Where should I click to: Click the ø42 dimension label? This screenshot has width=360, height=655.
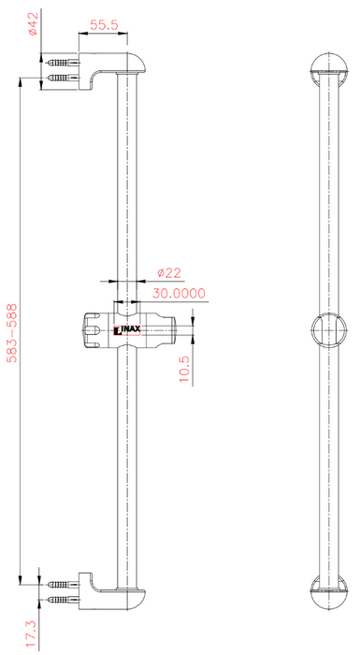coord(34,23)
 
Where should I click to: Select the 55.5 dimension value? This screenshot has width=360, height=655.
coord(104,25)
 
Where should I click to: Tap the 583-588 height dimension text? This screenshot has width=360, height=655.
coord(13,333)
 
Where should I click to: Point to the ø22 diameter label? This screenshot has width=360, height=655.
coord(169,273)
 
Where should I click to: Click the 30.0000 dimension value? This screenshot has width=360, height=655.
coord(179,293)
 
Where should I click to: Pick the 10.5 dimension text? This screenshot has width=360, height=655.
coord(184,370)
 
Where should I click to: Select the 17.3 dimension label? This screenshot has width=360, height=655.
coord(32,633)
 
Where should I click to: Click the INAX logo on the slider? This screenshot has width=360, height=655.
coord(127,331)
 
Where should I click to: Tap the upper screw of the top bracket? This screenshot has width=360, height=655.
coord(64,63)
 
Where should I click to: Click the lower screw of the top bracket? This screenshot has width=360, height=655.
coord(64,78)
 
